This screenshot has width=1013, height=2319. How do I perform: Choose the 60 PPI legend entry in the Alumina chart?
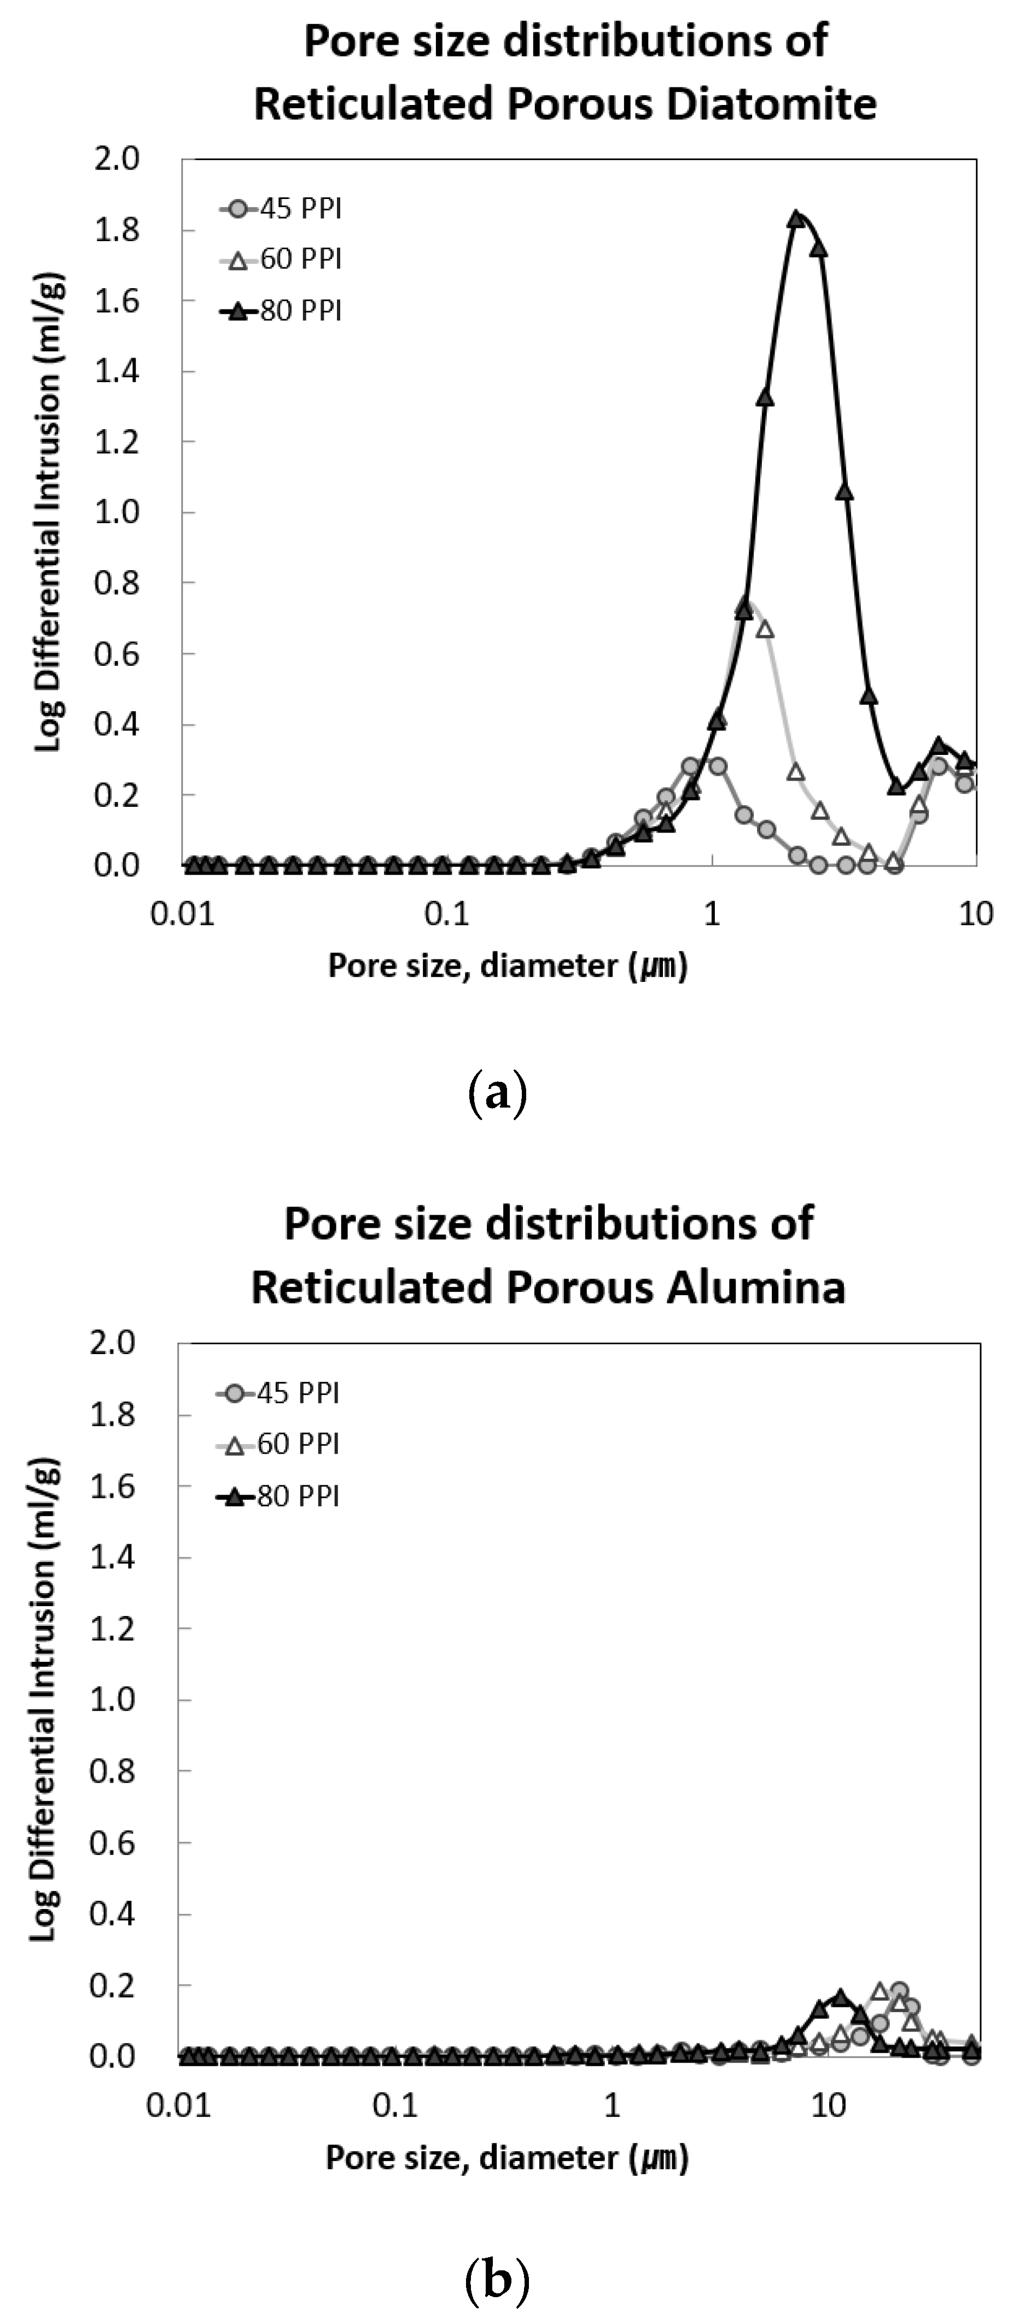[x=278, y=1444]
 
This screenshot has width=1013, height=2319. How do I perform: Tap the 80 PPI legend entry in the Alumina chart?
[x=278, y=1496]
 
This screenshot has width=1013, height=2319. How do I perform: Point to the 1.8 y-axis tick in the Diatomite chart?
[x=117, y=231]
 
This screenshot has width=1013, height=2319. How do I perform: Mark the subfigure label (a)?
[x=497, y=1094]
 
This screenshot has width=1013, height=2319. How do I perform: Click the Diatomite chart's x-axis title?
[x=507, y=966]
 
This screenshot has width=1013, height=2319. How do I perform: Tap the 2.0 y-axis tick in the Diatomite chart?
[x=117, y=159]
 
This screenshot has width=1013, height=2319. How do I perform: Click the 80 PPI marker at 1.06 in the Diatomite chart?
[x=845, y=491]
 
